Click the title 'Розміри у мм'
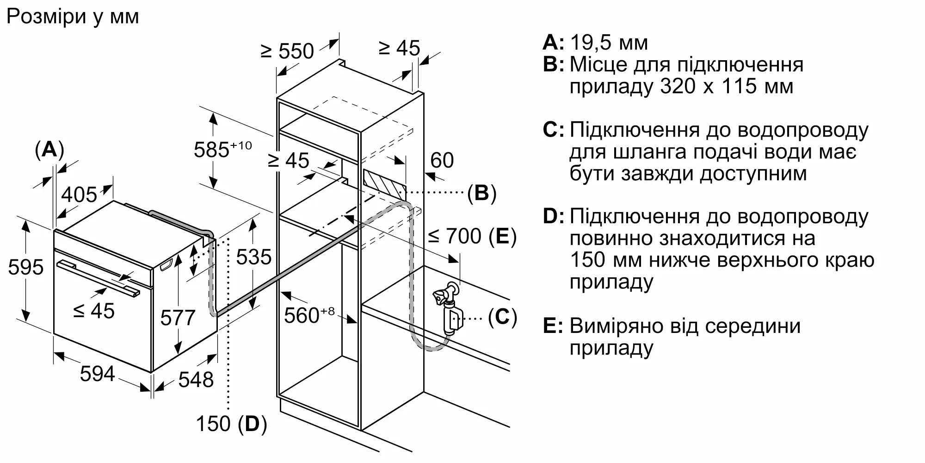[73, 17]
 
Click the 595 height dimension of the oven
[26, 267]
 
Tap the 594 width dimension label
[97, 373]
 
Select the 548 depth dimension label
[196, 380]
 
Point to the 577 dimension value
[178, 318]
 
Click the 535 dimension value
[253, 257]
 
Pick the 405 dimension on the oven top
[79, 194]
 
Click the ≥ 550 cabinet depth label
[287, 51]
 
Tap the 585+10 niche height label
[222, 149]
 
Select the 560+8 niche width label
[308, 315]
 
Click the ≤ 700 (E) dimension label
[472, 236]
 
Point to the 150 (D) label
[231, 424]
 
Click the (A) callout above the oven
[49, 150]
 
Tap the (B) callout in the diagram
[481, 193]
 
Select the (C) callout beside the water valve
[502, 317]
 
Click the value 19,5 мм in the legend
[609, 43]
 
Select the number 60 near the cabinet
[442, 160]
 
